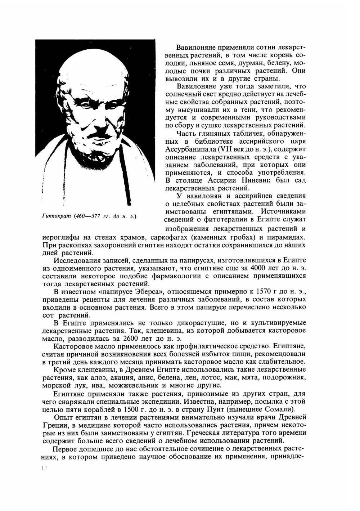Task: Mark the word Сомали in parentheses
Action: coord(278,409)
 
